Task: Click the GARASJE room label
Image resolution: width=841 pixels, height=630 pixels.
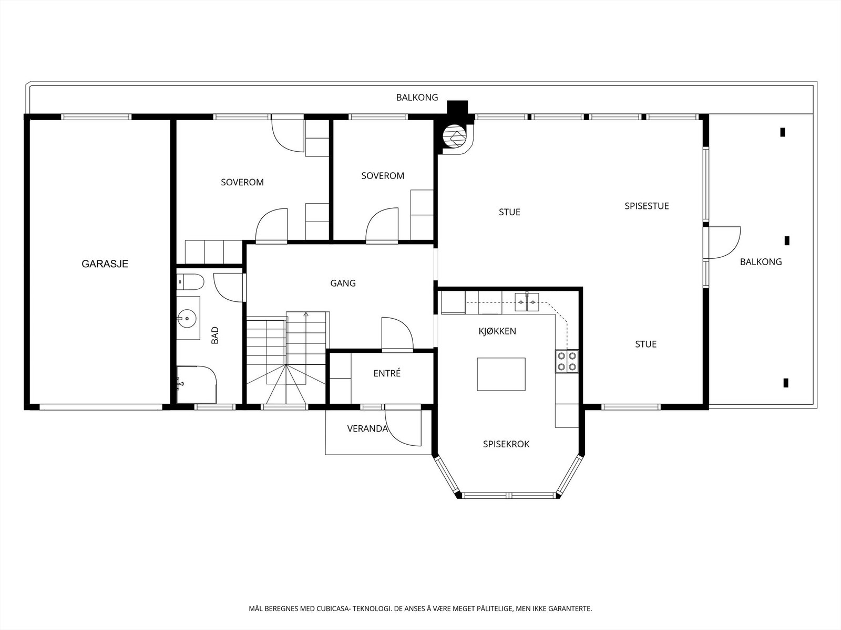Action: point(105,264)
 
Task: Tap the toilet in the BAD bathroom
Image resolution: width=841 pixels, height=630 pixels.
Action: point(190,282)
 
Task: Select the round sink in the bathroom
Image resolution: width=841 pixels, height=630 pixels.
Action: point(187,318)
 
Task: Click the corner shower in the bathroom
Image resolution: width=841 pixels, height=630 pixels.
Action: point(197,384)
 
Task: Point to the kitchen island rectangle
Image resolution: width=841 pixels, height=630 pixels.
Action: point(501,374)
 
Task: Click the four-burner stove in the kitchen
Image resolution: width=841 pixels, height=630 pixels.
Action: point(567,362)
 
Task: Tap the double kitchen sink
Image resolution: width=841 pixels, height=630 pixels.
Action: point(527,302)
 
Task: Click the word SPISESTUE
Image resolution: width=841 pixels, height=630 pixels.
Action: point(647,206)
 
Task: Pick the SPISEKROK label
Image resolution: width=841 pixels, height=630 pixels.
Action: point(506,444)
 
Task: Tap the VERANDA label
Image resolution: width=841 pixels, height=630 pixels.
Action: point(367,429)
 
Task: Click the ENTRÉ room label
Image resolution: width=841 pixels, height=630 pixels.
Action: point(387,373)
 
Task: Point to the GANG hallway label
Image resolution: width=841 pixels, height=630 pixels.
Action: point(343,283)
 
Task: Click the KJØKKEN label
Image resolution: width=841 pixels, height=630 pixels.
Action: point(497,331)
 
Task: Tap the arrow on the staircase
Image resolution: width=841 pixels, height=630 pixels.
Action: point(306,315)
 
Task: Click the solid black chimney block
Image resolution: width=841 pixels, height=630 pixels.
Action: point(458,107)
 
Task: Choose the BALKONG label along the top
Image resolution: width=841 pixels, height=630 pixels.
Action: point(417,98)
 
